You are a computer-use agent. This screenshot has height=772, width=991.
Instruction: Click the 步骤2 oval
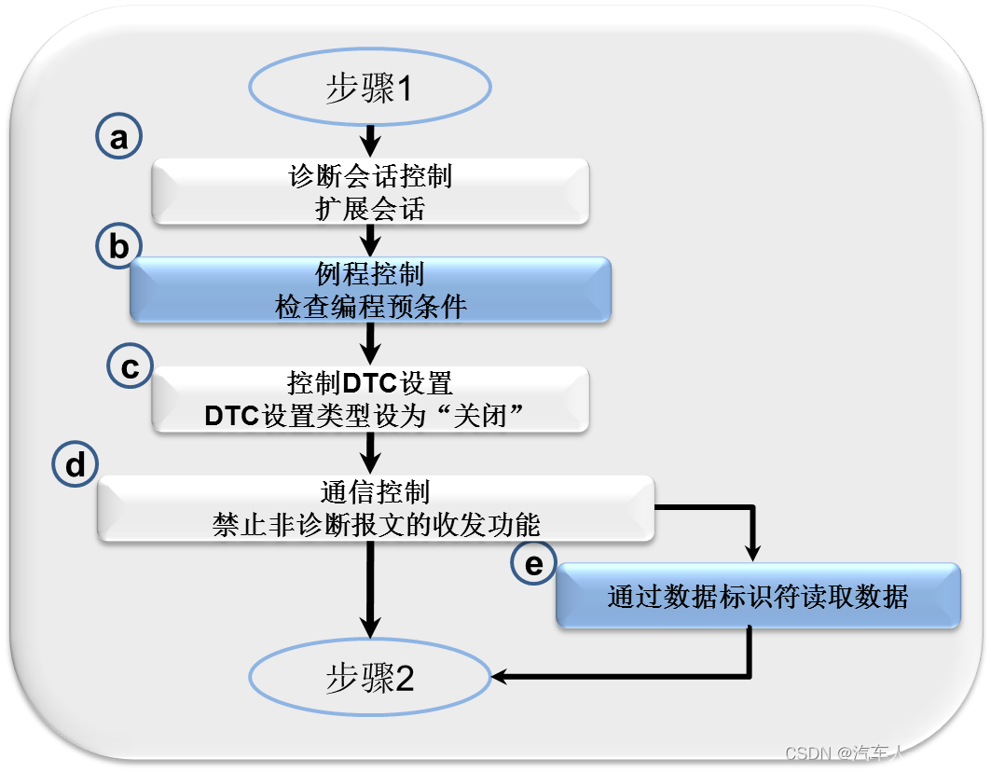[x=369, y=678]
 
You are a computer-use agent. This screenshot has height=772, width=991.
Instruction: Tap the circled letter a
[x=119, y=138]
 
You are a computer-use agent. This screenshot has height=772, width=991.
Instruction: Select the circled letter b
[x=119, y=247]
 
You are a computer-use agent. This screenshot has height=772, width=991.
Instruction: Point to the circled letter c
[x=131, y=366]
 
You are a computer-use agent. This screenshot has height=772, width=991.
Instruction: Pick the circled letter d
[x=76, y=465]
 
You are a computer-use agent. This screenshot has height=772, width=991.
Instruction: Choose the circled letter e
[x=533, y=564]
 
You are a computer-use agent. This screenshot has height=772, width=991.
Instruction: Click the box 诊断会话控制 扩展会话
[x=370, y=191]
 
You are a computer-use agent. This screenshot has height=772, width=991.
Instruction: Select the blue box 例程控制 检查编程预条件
[x=370, y=290]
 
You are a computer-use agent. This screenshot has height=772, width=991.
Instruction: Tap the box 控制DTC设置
[x=370, y=398]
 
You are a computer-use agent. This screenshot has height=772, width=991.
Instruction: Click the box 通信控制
[x=375, y=508]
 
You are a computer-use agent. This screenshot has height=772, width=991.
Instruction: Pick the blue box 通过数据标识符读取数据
[x=757, y=596]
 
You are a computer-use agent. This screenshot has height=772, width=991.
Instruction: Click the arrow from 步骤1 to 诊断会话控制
[x=370, y=139]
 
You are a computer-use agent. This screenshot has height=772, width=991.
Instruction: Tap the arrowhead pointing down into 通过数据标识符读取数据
[x=754, y=550]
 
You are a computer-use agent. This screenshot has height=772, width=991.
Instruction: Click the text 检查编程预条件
[x=370, y=307]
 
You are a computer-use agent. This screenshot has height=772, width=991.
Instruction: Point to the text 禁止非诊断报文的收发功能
[x=376, y=526]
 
